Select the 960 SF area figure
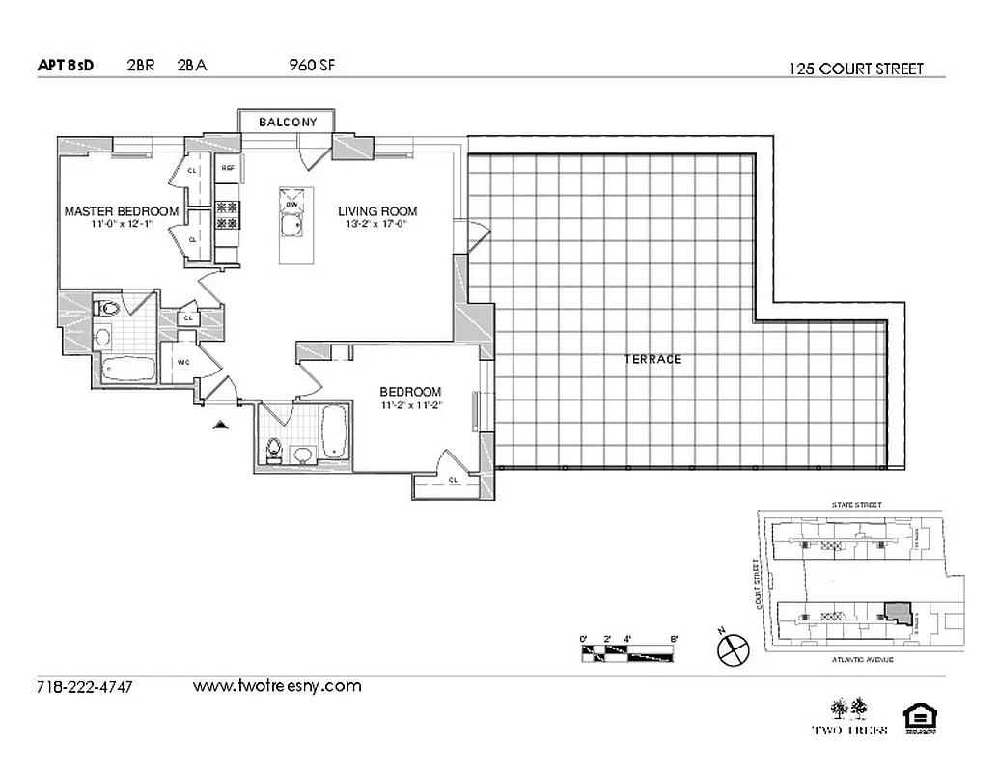pyautogui.click(x=312, y=66)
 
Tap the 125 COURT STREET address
pyautogui.click(x=855, y=69)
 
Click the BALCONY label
pyautogui.click(x=287, y=123)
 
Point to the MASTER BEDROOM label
pyautogui.click(x=121, y=211)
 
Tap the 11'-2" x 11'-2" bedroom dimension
pyautogui.click(x=410, y=405)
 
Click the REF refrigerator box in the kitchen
pyautogui.click(x=229, y=169)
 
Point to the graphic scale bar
pyautogui.click(x=629, y=652)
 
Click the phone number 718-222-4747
pyautogui.click(x=84, y=687)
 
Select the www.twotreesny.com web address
pyautogui.click(x=277, y=686)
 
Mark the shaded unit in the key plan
pyautogui.click(x=898, y=614)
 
